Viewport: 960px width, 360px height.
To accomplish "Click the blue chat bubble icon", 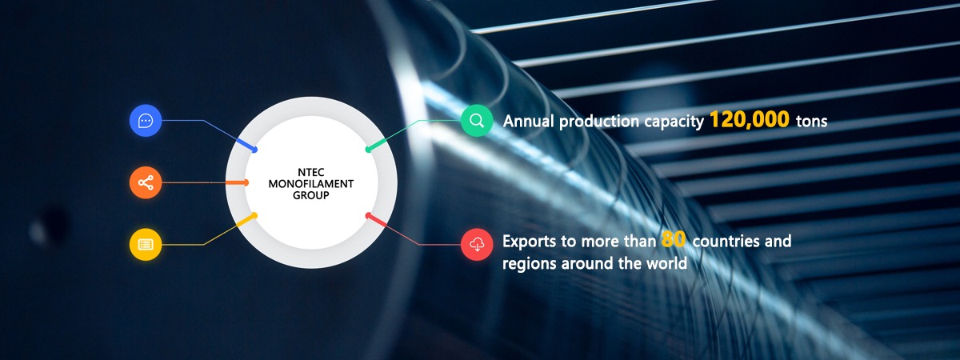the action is tap(146, 121).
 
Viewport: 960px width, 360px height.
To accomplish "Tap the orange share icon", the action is tap(146, 182).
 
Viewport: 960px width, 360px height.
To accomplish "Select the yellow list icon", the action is tap(146, 244).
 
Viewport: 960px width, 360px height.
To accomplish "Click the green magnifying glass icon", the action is tap(477, 121).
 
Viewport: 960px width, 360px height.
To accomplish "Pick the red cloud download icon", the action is tap(477, 244).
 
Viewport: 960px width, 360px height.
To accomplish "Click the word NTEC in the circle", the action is tap(310, 172).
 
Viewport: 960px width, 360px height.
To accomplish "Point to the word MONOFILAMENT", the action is tap(310, 184).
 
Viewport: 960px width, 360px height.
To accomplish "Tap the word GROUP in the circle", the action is tap(310, 195).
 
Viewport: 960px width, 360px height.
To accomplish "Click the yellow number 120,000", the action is tap(749, 119).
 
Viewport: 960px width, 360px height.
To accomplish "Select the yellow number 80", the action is tap(674, 239).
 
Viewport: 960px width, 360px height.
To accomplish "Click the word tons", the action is tap(811, 122).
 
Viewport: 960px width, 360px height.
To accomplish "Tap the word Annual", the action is tap(529, 121).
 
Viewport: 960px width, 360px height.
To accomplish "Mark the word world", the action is tap(666, 263).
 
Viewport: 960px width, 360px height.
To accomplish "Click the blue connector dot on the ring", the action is tap(254, 150).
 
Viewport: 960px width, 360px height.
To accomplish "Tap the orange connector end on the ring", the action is tap(246, 182).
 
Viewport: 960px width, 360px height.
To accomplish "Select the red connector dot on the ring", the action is tap(368, 215).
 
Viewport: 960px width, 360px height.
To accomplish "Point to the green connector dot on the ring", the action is tap(368, 150).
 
